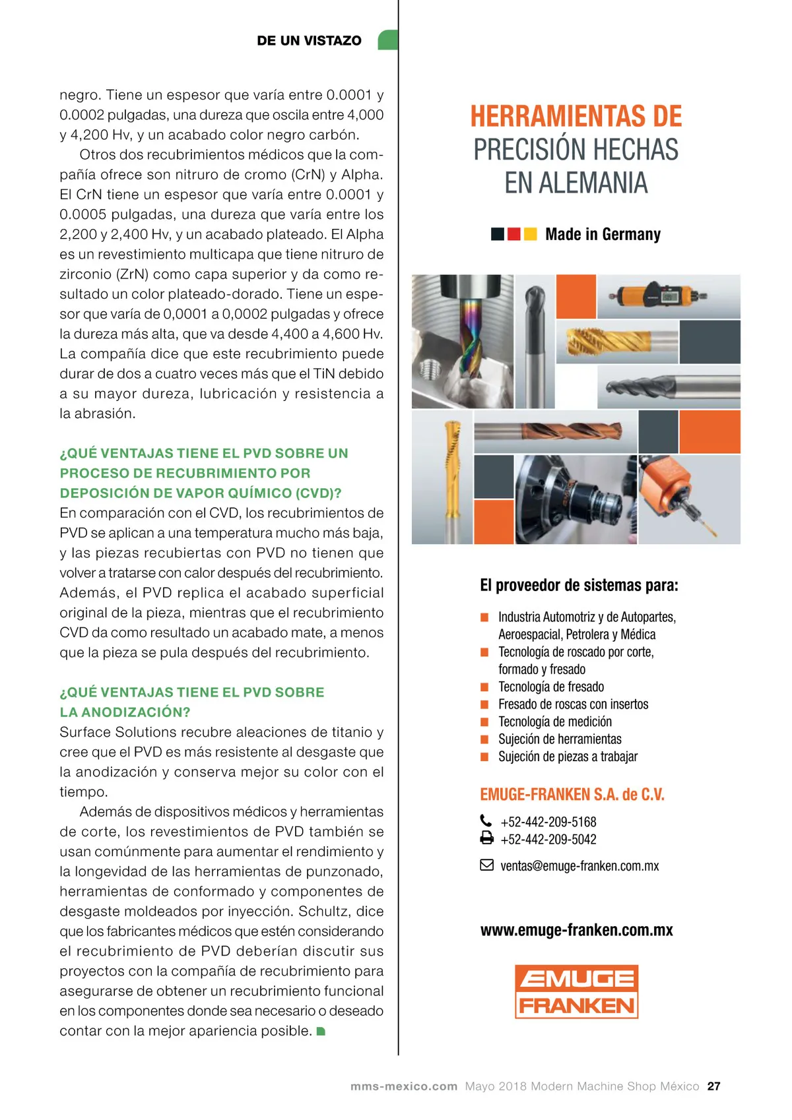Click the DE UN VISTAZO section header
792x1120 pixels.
pos(309,40)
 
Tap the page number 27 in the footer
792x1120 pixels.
pos(713,1086)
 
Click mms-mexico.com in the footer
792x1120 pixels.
pos(403,1086)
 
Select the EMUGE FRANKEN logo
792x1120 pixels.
pos(576,991)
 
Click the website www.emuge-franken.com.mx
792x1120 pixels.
pos(576,930)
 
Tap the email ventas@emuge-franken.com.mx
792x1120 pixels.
pos(579,865)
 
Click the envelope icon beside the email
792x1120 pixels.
pos(486,865)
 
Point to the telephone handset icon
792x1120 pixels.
pos(486,821)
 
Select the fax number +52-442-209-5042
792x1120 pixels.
pos(548,839)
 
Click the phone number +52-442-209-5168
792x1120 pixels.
pos(548,822)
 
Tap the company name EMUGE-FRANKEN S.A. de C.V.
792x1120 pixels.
pos(572,794)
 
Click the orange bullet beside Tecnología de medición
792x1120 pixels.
pos(484,722)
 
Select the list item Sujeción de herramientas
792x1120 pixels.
pos(560,739)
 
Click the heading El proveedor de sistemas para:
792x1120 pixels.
pos(579,585)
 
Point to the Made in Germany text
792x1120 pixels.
pos(603,234)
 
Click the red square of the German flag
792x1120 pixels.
pos(514,233)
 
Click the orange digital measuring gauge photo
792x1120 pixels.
pos(660,296)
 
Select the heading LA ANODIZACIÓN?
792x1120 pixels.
pos(125,712)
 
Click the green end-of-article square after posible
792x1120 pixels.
pos(321,1031)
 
